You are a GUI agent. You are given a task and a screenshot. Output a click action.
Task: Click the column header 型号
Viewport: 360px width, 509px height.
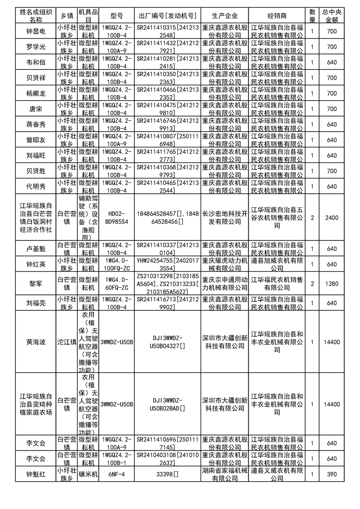click(117, 15)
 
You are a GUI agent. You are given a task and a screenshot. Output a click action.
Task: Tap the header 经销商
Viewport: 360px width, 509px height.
click(277, 15)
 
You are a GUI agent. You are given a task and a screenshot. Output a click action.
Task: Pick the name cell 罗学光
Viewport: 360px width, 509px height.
click(36, 47)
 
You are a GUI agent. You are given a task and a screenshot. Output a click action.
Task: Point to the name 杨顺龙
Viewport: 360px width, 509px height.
click(36, 93)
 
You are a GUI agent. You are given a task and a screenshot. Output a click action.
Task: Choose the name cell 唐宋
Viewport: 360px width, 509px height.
click(36, 109)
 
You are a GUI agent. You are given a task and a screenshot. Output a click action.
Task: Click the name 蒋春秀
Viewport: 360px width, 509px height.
click(36, 124)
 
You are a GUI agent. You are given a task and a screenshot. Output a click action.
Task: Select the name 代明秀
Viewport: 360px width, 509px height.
click(36, 186)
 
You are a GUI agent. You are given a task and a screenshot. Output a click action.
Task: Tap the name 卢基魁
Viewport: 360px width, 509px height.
click(36, 249)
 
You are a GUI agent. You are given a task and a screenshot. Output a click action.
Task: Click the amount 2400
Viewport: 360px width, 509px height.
click(332, 218)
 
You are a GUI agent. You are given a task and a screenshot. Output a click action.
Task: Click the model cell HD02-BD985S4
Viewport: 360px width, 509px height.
click(117, 218)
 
